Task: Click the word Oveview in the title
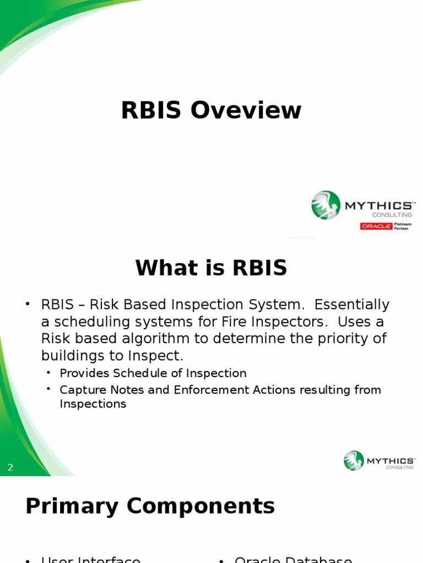246,111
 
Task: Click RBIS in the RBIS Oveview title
150,111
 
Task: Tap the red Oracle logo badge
376,226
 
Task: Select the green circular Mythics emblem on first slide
326,205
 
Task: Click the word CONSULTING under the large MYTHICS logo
392,215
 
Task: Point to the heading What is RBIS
211,268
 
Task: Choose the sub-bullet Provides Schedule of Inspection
153,373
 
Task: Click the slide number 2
10,468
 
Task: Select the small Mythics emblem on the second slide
354,461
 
